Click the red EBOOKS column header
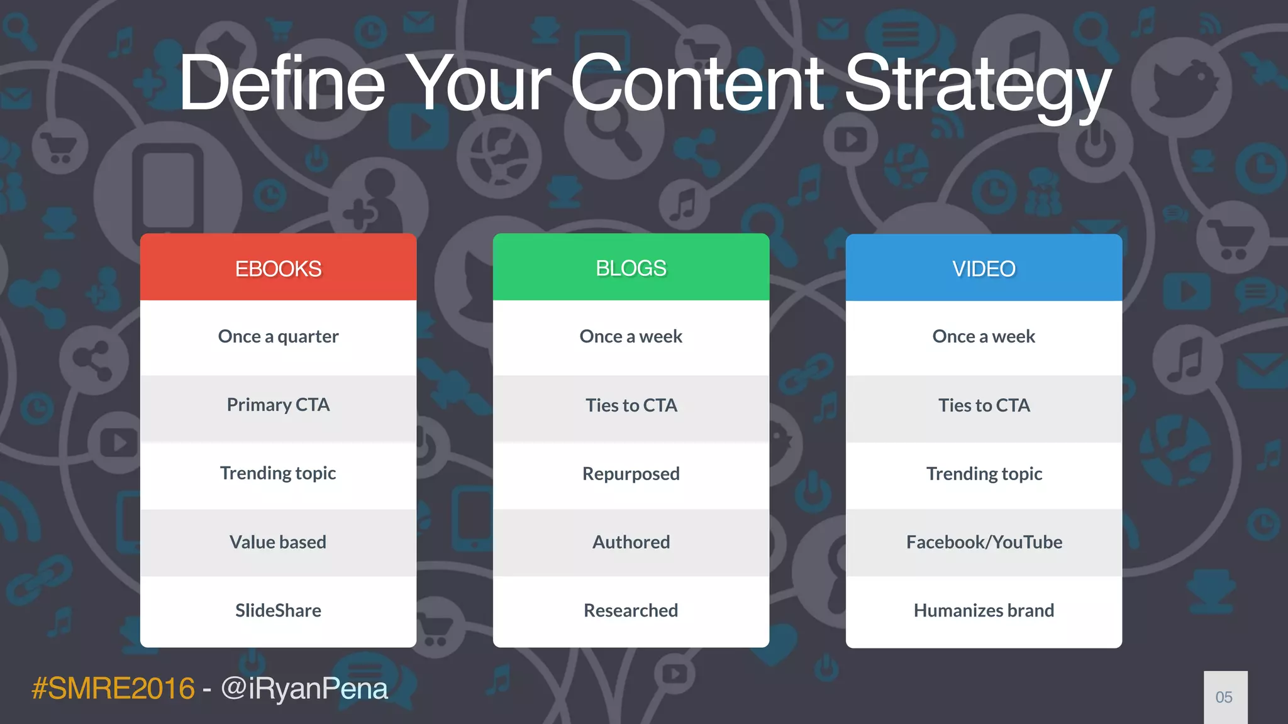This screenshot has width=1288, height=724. pos(278,268)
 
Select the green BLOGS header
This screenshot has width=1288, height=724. pos(631,268)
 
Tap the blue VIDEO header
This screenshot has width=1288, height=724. pos(984,268)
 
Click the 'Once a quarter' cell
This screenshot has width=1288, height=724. pos(278,337)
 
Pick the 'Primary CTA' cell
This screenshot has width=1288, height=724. pos(278,405)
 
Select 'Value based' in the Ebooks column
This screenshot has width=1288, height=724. pos(278,542)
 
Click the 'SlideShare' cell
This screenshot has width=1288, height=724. pos(278,610)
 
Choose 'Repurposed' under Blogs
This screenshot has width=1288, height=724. pos(631,473)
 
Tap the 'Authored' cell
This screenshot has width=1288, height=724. pos(631,542)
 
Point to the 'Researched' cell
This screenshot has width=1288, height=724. pos(631,610)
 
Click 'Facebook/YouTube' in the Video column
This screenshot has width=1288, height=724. pos(984,542)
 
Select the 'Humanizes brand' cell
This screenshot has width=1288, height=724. pos(984,610)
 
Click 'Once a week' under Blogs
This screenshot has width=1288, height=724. pos(631,337)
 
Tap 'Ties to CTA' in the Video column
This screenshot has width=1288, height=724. pos(984,405)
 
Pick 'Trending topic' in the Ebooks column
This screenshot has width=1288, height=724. pos(278,473)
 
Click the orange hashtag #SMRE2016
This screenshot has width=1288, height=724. pos(113,688)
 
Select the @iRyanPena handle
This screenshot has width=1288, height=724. pos(304,688)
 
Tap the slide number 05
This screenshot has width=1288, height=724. pos(1224,697)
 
